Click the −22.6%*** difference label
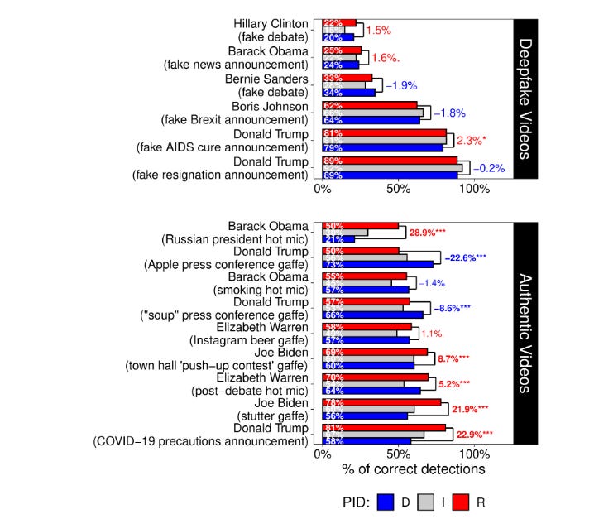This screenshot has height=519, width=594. pos(466,257)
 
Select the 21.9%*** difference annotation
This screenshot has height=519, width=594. pos(470,409)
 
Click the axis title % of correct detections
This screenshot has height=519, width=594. pos(413,469)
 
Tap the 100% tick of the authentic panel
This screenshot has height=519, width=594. pos(474,454)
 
